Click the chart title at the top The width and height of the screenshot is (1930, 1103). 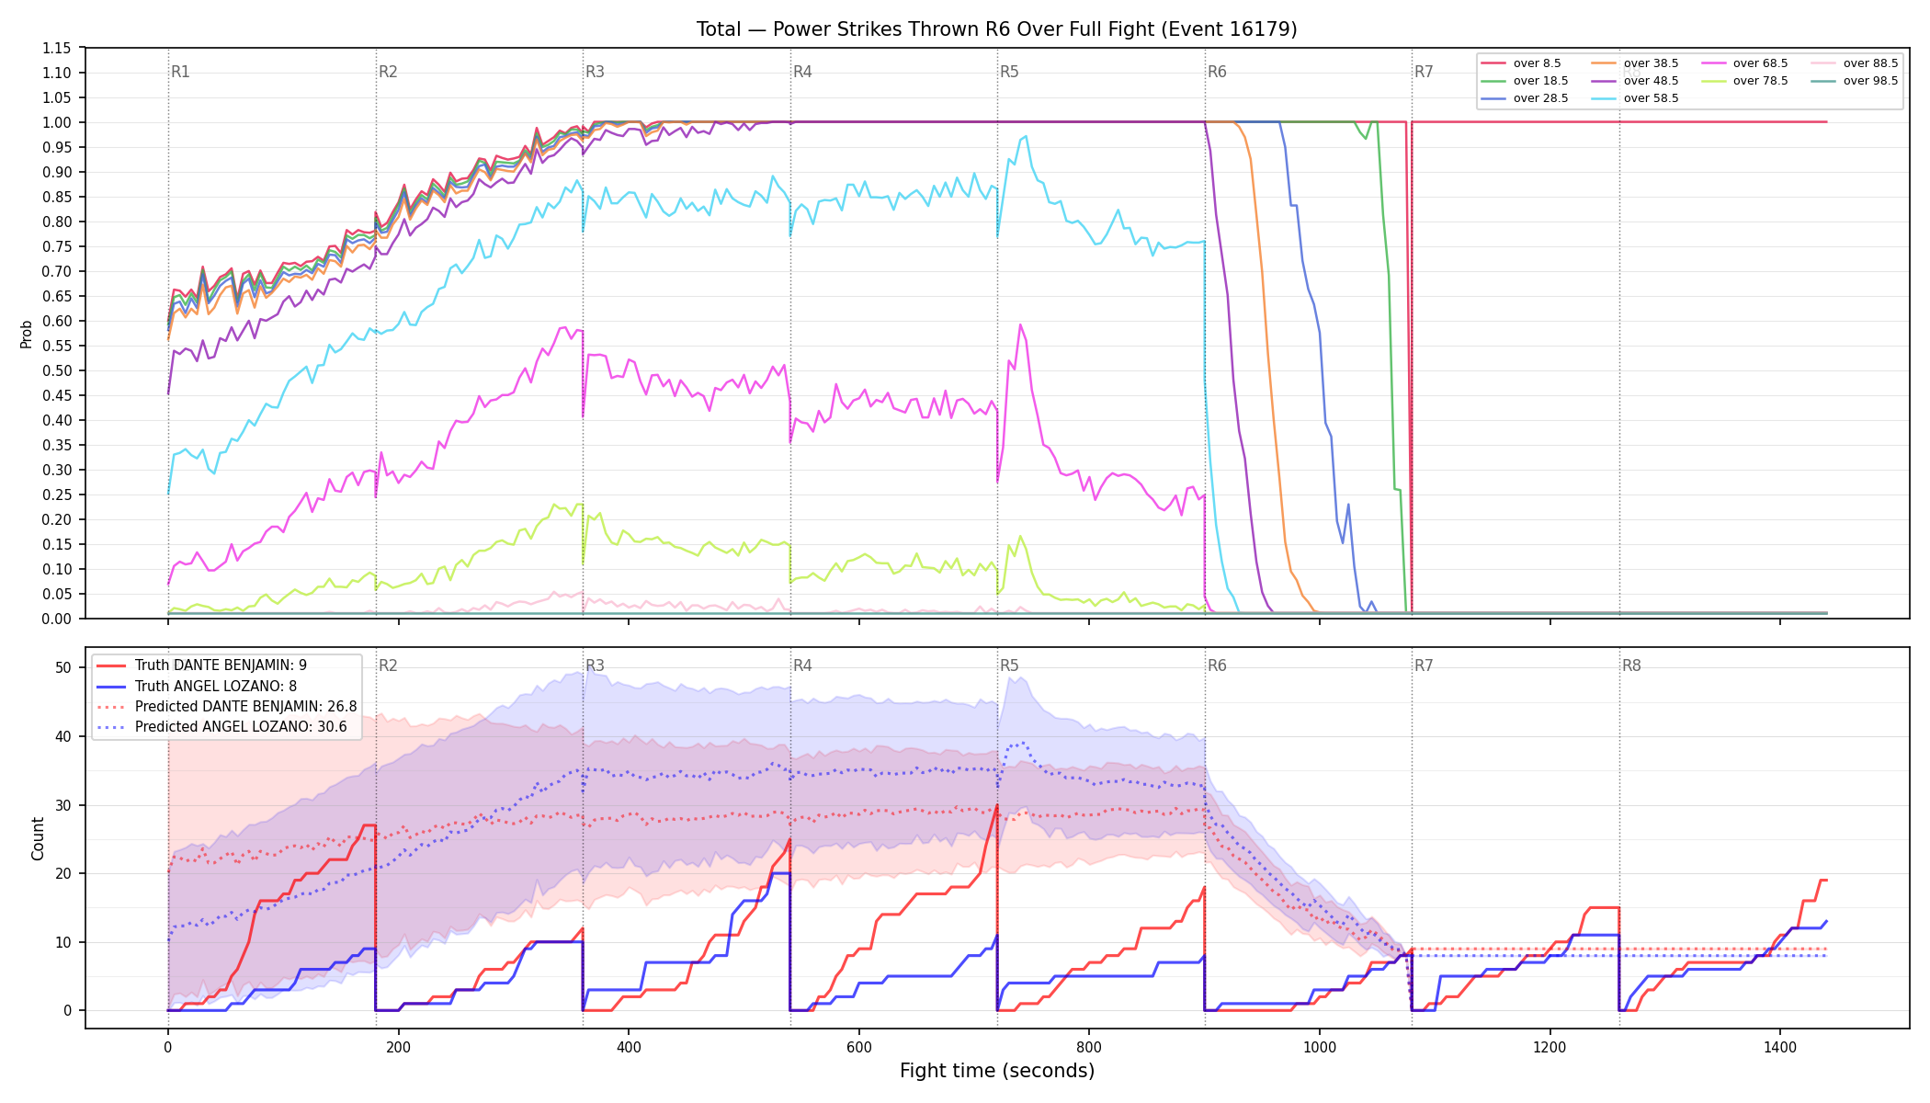pyautogui.click(x=996, y=29)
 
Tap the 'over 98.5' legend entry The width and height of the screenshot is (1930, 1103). pyautogui.click(x=1854, y=81)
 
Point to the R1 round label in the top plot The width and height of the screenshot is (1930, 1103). pyautogui.click(x=180, y=72)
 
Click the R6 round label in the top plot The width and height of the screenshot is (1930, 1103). pyautogui.click(x=1217, y=72)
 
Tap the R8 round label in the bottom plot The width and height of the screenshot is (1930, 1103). pyautogui.click(x=1631, y=665)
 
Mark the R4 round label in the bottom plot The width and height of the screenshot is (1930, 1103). pyautogui.click(x=802, y=665)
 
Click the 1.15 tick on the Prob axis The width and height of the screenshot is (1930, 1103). pyautogui.click(x=56, y=48)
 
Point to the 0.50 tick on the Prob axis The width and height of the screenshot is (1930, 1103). pyautogui.click(x=56, y=370)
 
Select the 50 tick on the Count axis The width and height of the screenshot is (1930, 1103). pyautogui.click(x=63, y=667)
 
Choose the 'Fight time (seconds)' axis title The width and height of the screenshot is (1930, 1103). pyautogui.click(x=997, y=1071)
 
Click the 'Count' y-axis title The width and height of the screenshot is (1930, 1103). pyautogui.click(x=38, y=838)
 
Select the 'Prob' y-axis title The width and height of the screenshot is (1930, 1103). pyautogui.click(x=27, y=334)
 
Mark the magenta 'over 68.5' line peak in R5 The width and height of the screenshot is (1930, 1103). pyautogui.click(x=1020, y=324)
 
